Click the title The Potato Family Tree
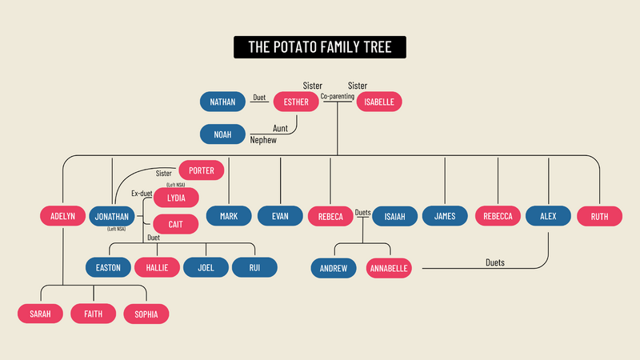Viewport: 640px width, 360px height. click(319, 47)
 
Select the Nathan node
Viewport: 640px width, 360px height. click(222, 102)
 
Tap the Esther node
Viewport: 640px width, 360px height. click(296, 102)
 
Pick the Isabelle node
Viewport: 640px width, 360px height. click(379, 102)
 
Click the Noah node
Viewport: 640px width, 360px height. click(222, 134)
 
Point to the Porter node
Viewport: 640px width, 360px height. click(202, 170)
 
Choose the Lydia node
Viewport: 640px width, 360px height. click(176, 198)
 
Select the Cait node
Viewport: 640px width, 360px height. click(175, 224)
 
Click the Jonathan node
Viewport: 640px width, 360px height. click(112, 216)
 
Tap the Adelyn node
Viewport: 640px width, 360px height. click(63, 216)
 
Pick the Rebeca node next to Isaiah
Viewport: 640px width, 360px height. click(330, 216)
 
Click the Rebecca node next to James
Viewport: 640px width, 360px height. click(498, 216)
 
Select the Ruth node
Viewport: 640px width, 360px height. click(599, 216)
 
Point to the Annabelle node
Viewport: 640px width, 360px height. click(389, 268)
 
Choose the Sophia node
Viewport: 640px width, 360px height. click(146, 314)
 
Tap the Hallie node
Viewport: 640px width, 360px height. click(157, 267)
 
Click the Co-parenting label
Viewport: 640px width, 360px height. click(337, 96)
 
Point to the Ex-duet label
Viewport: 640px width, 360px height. click(142, 193)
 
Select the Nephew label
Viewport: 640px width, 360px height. click(263, 140)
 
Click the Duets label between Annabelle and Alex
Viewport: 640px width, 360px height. click(495, 262)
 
